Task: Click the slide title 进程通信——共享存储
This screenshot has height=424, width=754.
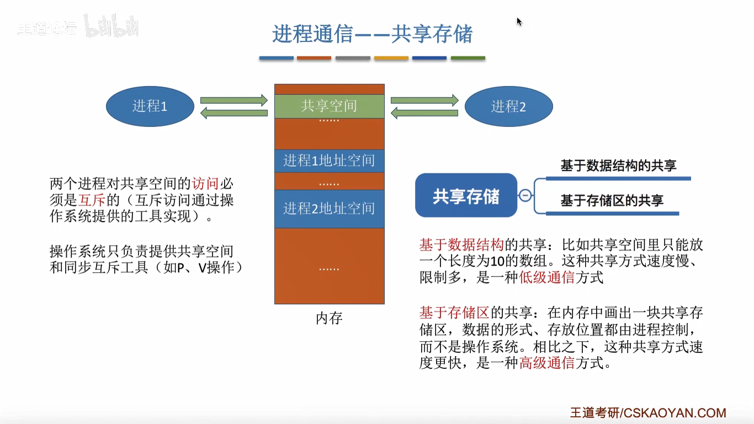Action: (x=373, y=34)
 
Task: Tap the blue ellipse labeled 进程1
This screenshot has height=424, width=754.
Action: (x=150, y=106)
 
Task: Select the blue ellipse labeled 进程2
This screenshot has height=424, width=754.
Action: (x=508, y=106)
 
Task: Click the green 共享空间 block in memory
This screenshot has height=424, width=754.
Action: (x=329, y=106)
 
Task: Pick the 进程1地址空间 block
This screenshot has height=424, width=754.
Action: (x=329, y=161)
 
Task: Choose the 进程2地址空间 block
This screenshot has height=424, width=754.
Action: (x=329, y=209)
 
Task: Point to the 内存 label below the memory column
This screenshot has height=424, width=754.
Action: (x=329, y=319)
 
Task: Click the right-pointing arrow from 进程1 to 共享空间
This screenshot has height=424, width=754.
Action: (x=233, y=100)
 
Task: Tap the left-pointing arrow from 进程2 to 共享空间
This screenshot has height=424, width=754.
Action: (x=424, y=113)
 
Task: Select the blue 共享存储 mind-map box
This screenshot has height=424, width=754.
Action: (x=466, y=195)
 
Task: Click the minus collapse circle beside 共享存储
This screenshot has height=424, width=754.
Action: (x=525, y=195)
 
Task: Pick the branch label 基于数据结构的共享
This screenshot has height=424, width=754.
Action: (x=618, y=166)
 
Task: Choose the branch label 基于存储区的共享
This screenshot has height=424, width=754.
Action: (x=612, y=201)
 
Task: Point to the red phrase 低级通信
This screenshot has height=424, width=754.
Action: (x=547, y=278)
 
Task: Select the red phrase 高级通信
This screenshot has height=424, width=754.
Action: (x=547, y=363)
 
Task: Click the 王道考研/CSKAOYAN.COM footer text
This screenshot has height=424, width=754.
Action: (x=648, y=413)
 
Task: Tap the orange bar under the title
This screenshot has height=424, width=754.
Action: (x=391, y=58)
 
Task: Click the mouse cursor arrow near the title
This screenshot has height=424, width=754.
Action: (x=519, y=21)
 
